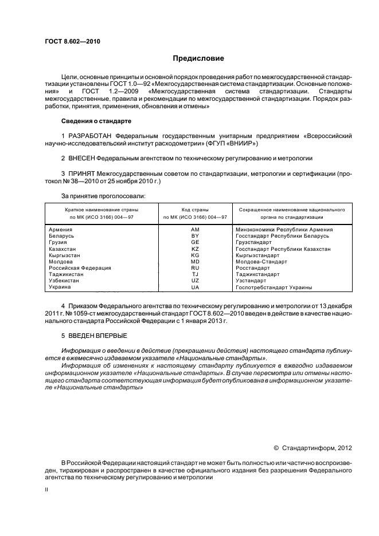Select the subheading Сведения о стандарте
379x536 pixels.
coord(96,121)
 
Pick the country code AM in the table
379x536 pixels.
coord(194,230)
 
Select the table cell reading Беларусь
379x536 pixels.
coord(61,236)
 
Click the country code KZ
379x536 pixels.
coord(194,249)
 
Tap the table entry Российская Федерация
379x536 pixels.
coord(79,268)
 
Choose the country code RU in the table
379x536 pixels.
coord(194,268)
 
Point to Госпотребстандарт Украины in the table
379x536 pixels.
coord(273,287)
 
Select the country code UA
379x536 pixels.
coord(194,287)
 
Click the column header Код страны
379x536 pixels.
coord(195,210)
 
